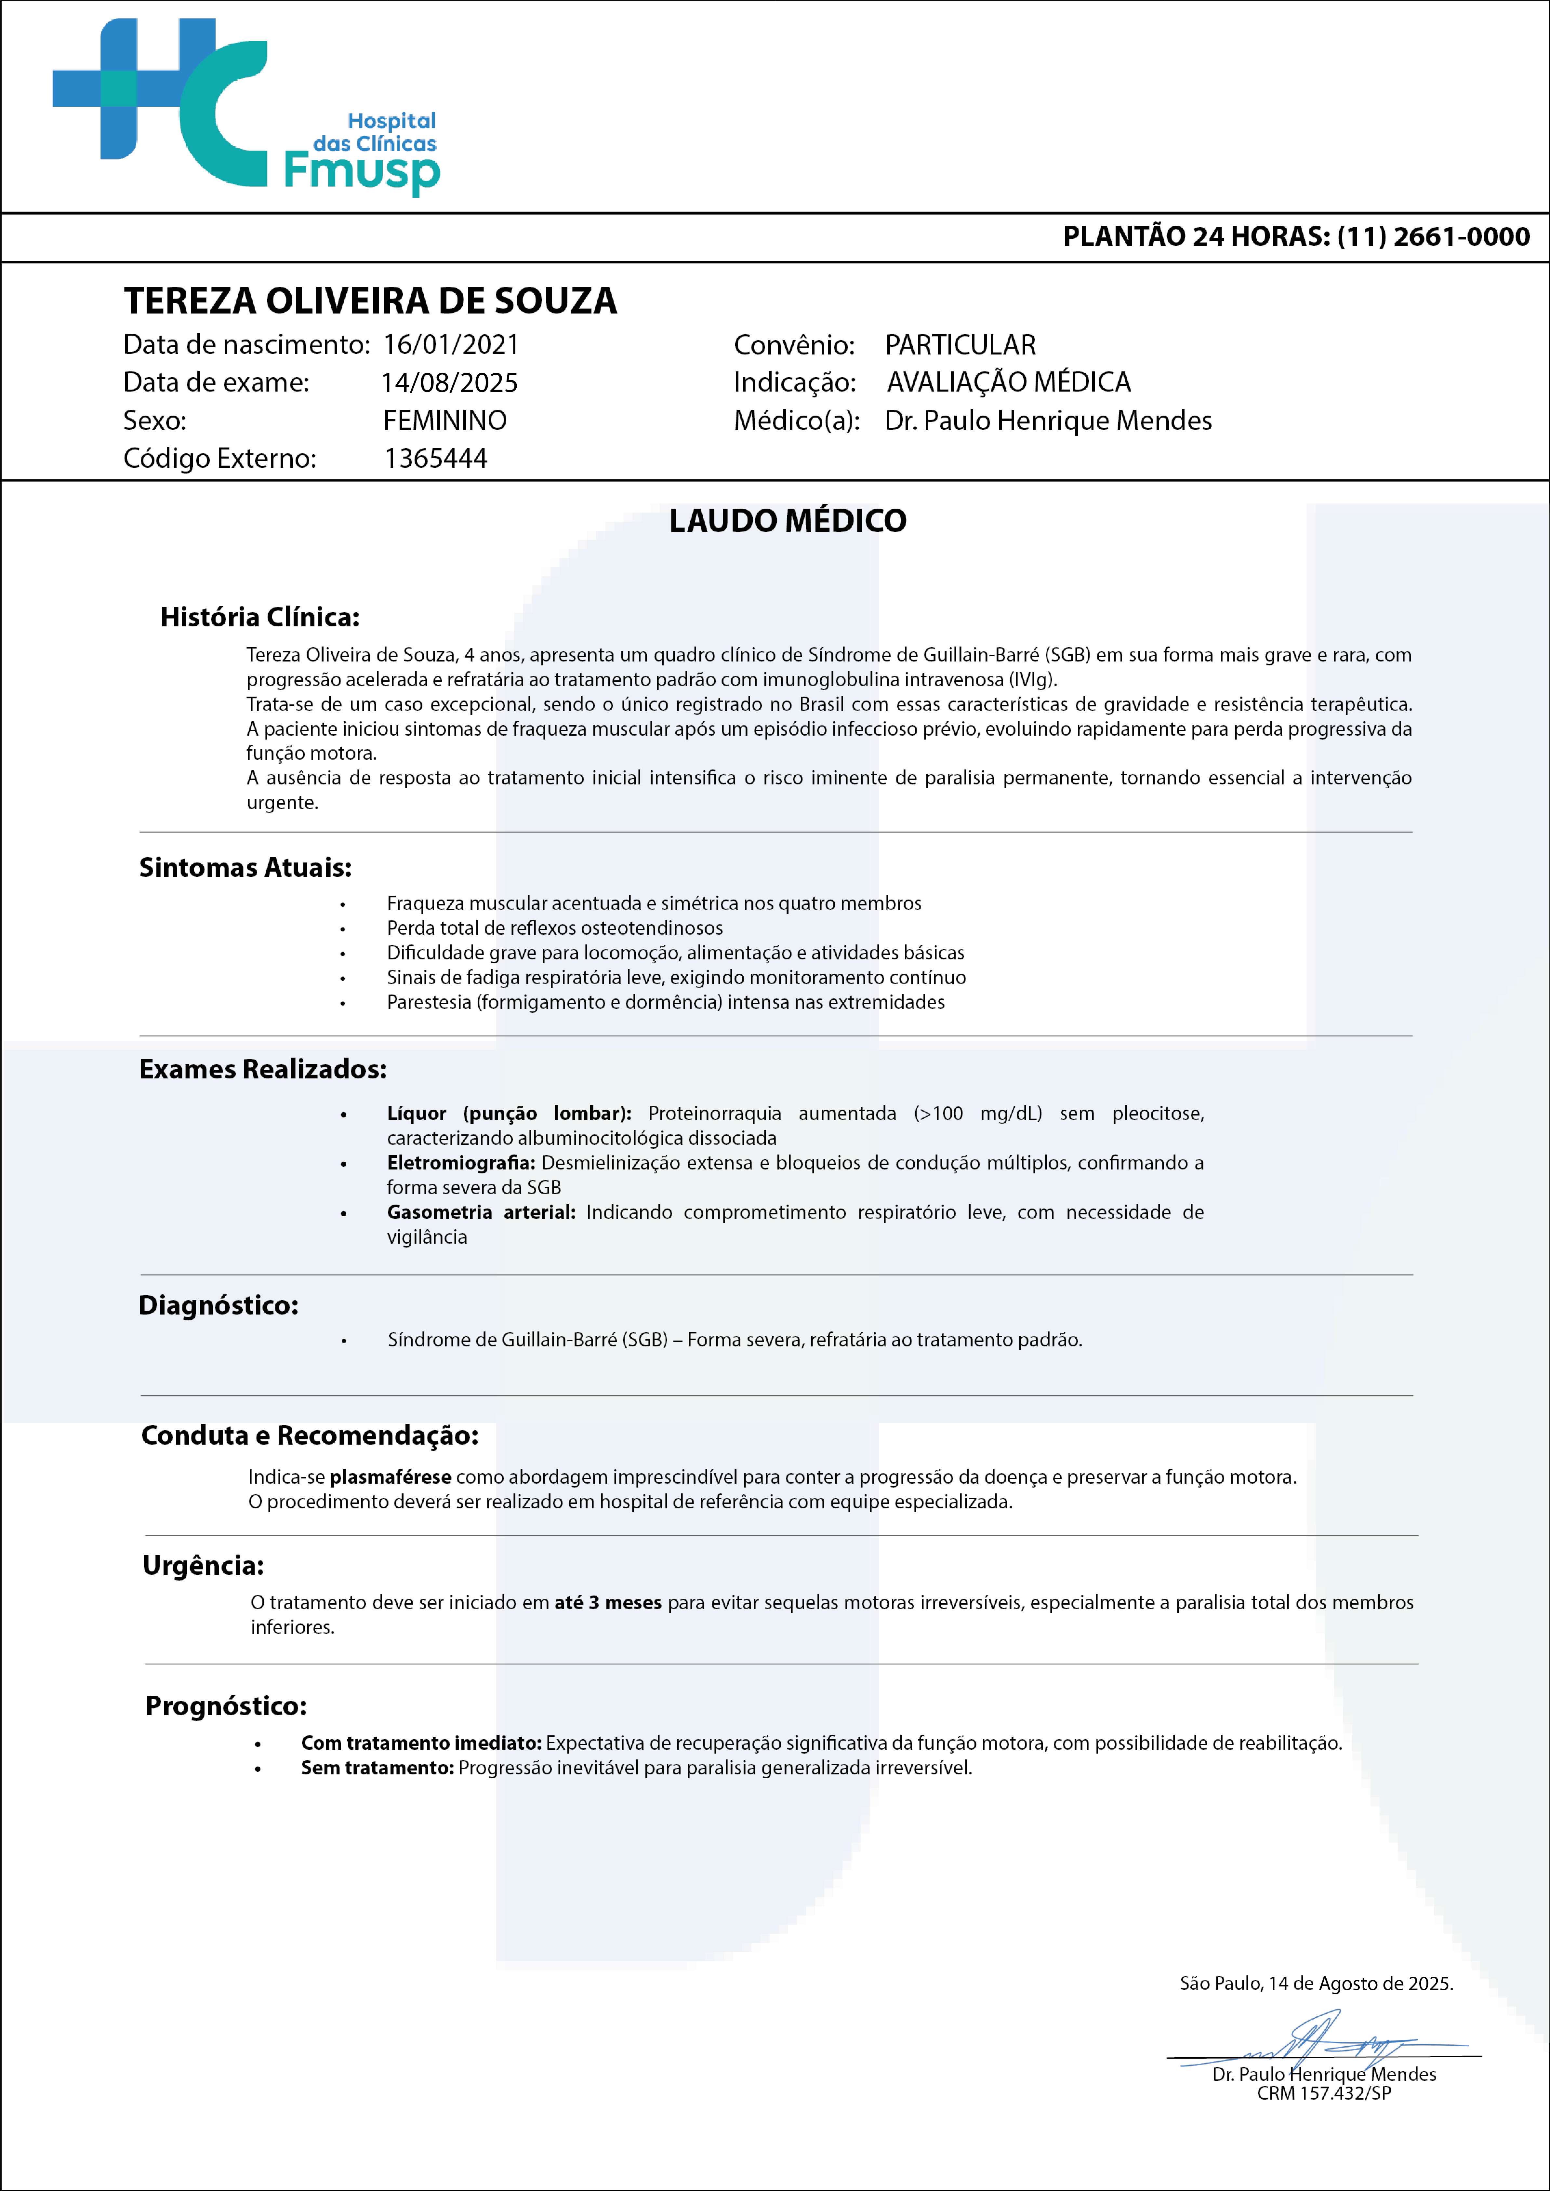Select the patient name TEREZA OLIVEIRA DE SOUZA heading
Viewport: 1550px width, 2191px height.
(370, 301)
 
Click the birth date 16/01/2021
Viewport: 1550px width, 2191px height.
(450, 345)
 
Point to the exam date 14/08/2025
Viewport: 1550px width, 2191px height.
(449, 383)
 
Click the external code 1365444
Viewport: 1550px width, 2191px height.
(435, 458)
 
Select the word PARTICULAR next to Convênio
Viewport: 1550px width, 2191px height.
(960, 345)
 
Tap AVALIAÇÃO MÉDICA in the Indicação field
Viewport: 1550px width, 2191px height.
(1009, 382)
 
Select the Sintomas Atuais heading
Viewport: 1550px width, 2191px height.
(245, 868)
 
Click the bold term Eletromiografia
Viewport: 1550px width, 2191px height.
(460, 1163)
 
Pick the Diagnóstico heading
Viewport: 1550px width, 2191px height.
(219, 1305)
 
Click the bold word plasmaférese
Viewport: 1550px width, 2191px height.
(391, 1477)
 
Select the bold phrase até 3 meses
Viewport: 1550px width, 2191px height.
(608, 1603)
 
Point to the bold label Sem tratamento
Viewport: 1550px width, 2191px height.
(377, 1768)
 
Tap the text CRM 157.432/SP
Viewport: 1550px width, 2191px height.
(1324, 2094)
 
